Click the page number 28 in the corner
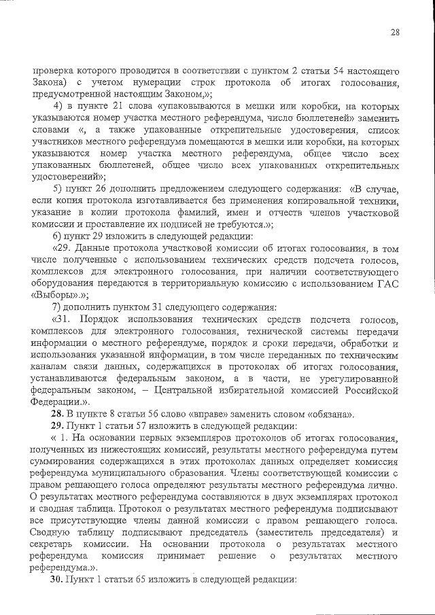394,32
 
